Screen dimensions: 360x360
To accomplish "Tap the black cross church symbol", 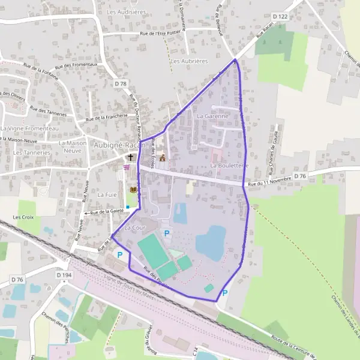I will [131, 157].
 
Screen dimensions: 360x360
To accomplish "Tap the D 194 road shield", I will [64, 274].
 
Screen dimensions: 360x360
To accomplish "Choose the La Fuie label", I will [106, 194].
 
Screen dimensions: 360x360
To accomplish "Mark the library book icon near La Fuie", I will [133, 190].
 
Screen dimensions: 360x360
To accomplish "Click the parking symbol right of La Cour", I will [167, 233].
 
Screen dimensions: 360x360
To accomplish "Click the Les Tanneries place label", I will [31, 152].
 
